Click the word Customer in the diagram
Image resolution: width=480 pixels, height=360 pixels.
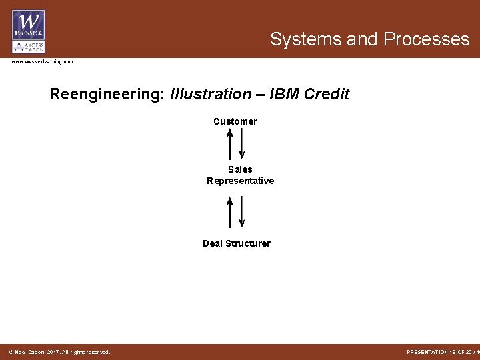(235, 122)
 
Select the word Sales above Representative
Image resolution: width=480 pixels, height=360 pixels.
(240, 170)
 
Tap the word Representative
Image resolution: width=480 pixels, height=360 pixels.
(241, 181)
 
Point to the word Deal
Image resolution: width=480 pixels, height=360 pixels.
(213, 243)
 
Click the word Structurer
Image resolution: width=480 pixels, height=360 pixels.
(247, 243)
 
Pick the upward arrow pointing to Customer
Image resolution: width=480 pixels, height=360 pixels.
(230, 143)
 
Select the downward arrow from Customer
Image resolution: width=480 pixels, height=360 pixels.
(241, 143)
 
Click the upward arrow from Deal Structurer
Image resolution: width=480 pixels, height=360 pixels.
(230, 212)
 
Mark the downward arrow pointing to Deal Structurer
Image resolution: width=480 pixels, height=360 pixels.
(241, 212)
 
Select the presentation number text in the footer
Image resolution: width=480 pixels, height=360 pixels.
(441, 352)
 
